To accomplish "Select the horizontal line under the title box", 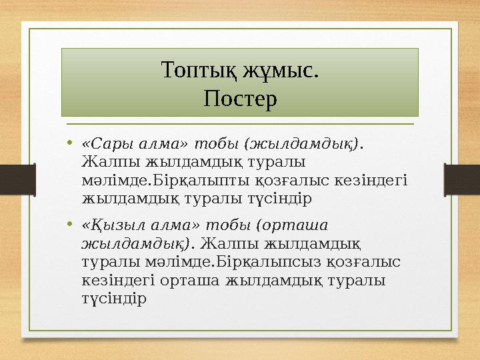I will coord(240,124).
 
